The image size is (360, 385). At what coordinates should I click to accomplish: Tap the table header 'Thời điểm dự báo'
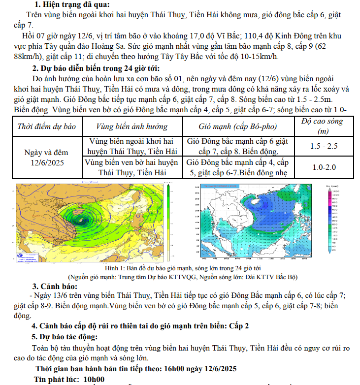pos(47,127)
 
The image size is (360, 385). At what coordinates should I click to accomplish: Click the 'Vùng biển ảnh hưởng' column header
pos(131,127)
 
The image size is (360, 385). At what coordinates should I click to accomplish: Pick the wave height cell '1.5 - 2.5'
pos(324,146)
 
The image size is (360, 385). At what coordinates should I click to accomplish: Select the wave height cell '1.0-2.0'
pos(324,167)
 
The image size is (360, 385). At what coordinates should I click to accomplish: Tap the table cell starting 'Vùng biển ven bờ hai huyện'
pos(131,167)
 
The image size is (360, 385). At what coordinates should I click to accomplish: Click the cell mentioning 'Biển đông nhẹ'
pos(238,167)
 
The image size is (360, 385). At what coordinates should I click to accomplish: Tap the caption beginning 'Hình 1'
pos(183,268)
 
